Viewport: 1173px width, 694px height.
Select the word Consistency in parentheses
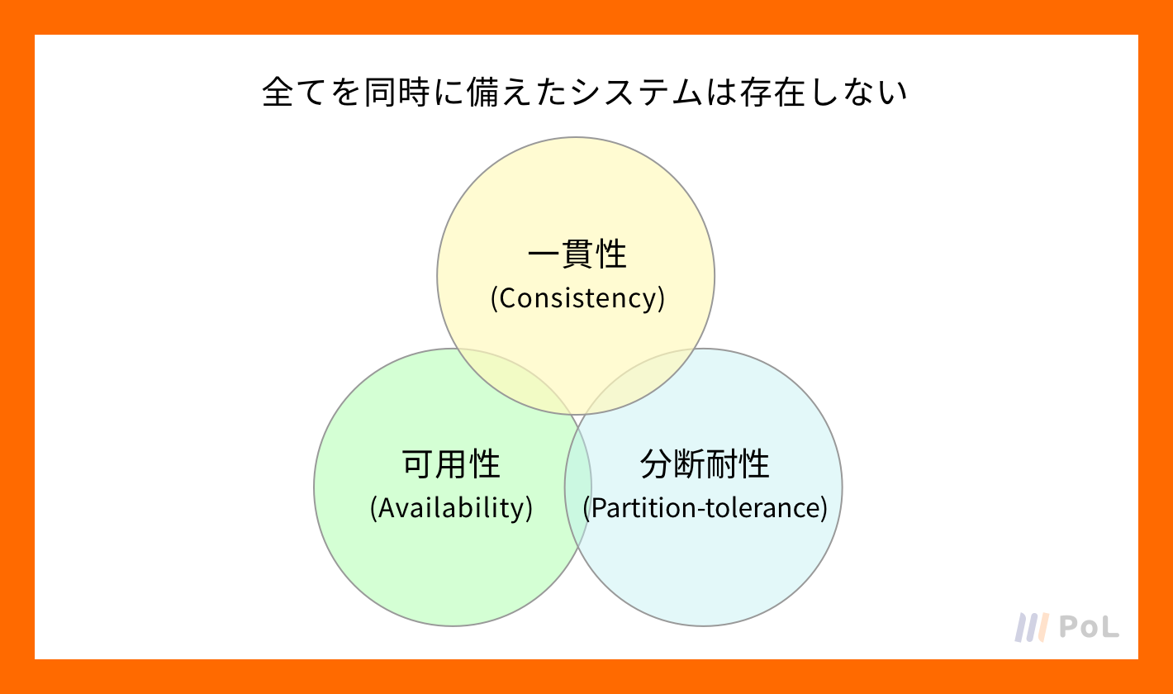point(577,298)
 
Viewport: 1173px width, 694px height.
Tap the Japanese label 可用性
point(451,464)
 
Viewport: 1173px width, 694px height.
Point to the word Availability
point(451,508)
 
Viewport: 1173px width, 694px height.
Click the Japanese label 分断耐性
point(705,464)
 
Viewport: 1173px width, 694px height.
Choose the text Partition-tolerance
point(705,508)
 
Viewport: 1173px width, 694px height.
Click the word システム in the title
point(636,93)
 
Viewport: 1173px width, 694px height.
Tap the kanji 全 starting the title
point(278,93)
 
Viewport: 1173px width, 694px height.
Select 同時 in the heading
point(397,93)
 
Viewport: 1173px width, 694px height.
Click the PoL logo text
point(1090,627)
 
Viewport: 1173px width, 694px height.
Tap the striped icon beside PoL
point(1032,627)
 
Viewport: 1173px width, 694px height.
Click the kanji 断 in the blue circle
point(688,464)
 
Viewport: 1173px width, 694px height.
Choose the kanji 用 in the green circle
point(451,464)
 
